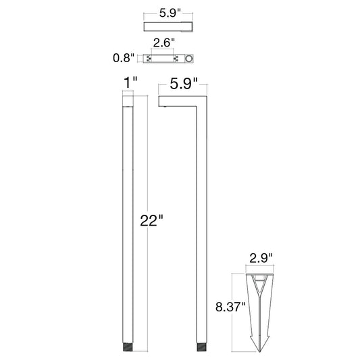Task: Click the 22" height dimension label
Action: (151, 220)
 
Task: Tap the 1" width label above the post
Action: (130, 83)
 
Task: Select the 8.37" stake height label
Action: (230, 307)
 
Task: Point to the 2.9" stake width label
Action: (261, 258)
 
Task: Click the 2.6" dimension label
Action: (164, 43)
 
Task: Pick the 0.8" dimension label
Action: (124, 57)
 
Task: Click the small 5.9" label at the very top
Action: (170, 13)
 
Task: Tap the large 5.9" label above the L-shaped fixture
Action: (184, 83)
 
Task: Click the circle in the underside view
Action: (189, 59)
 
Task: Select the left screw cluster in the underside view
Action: (149, 59)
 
